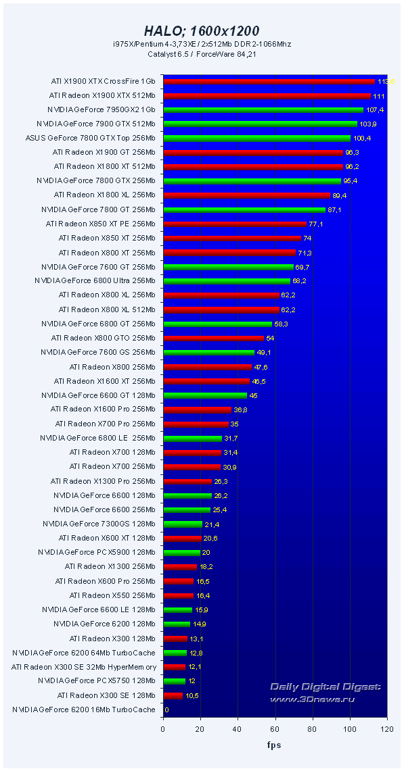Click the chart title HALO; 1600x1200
pyautogui.click(x=202, y=31)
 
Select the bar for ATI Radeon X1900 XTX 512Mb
pyautogui.click(x=267, y=96)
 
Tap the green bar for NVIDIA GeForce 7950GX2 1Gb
pyautogui.click(x=263, y=109)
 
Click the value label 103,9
pyautogui.click(x=369, y=124)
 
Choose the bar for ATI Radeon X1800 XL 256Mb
pyautogui.click(x=246, y=195)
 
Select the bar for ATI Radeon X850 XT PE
pyautogui.click(x=235, y=224)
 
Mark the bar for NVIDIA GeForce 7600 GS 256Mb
pyautogui.click(x=208, y=352)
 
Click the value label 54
pyautogui.click(x=270, y=338)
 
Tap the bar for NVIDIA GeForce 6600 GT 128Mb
pyautogui.click(x=205, y=395)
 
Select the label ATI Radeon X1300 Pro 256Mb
pyautogui.click(x=103, y=481)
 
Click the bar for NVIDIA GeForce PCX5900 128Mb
pyautogui.click(x=181, y=553)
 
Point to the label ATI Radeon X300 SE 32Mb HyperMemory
pyautogui.click(x=84, y=667)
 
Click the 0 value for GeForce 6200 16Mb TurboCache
pyautogui.click(x=166, y=710)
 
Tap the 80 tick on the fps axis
pyautogui.click(x=312, y=730)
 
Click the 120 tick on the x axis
pyautogui.click(x=386, y=730)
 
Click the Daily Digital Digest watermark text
pyautogui.click(x=325, y=687)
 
